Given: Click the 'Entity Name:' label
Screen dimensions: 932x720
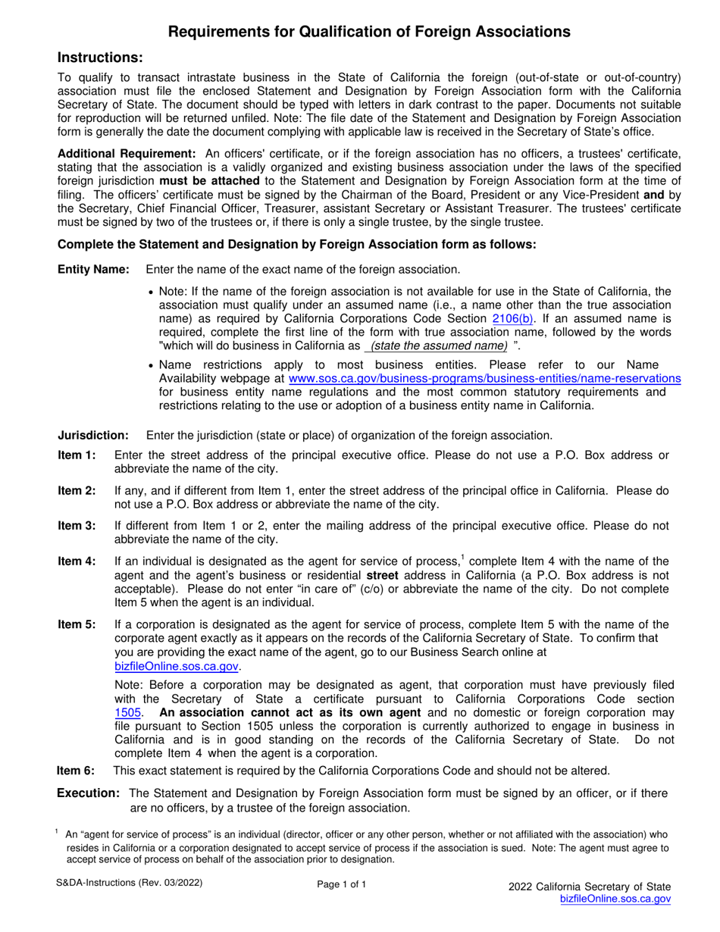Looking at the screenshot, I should (x=94, y=270).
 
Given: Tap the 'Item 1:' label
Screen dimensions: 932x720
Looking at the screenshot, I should (x=77, y=455).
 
